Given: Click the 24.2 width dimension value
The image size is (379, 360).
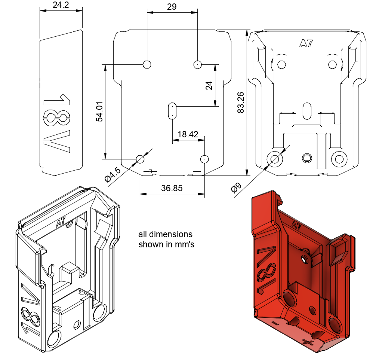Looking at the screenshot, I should (x=61, y=5).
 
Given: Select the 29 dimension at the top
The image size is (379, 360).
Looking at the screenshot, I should (x=172, y=7).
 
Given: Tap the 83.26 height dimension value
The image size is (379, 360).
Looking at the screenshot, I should (x=241, y=103).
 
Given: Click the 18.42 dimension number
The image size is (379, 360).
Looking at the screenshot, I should (x=188, y=134).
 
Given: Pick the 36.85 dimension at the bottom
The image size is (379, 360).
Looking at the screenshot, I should (x=172, y=188).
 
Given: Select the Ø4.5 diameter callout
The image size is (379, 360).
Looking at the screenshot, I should (x=113, y=174).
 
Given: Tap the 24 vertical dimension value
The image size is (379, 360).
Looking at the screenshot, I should (x=209, y=86).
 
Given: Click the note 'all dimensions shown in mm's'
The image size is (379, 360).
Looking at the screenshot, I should (x=166, y=240).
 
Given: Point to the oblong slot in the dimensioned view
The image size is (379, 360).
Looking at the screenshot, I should (x=172, y=111).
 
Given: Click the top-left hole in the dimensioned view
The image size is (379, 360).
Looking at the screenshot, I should (x=147, y=64).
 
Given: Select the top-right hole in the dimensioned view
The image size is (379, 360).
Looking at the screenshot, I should (x=198, y=64).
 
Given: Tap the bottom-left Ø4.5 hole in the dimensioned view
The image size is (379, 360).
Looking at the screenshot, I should (x=140, y=159).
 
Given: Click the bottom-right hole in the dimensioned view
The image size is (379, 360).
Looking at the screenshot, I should (x=204, y=159).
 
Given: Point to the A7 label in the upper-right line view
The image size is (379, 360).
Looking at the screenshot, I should (x=306, y=44).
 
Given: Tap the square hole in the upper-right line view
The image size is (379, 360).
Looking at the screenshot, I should (x=307, y=158).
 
